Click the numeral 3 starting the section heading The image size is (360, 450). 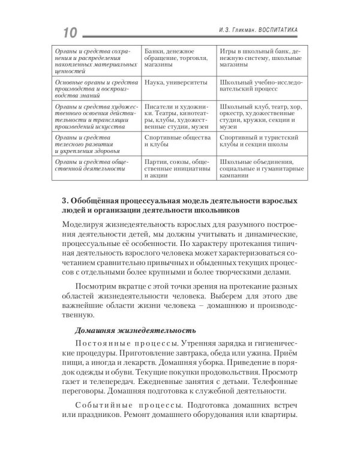pyautogui.click(x=64, y=200)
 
